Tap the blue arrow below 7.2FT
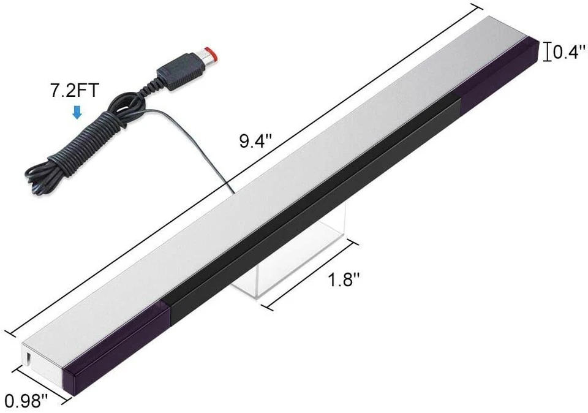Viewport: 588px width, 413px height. (x=77, y=112)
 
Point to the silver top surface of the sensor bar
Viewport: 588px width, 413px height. (x=276, y=184)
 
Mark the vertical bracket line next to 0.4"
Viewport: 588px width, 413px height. (x=546, y=53)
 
